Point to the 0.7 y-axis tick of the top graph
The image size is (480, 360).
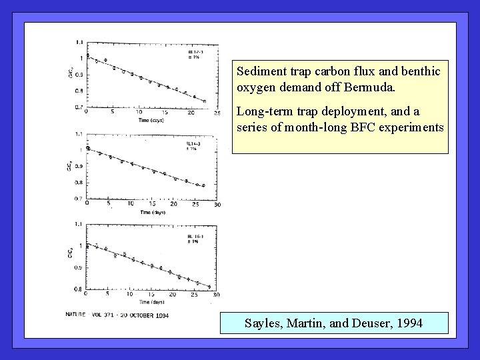[80, 107]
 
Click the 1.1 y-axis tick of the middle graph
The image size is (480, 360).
[80, 133]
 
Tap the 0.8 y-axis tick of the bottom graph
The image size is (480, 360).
[80, 289]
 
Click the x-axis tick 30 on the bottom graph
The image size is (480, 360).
[217, 295]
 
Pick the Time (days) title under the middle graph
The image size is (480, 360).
[153, 212]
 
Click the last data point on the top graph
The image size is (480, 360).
[204, 101]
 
